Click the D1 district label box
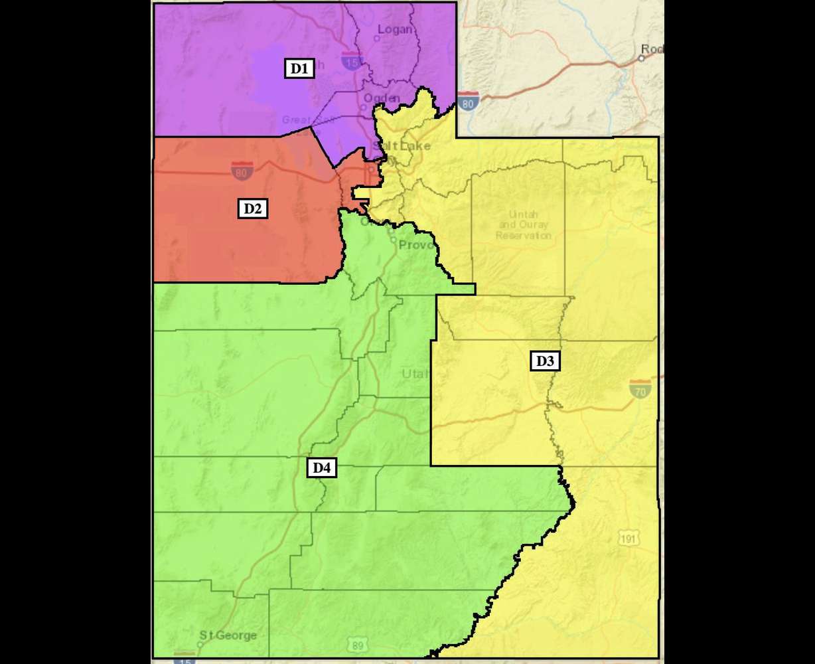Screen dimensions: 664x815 [299, 68]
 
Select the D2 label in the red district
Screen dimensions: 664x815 [252, 208]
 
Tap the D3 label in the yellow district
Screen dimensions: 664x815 [545, 361]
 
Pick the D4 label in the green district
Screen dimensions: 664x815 [322, 467]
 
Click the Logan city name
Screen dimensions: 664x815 [394, 29]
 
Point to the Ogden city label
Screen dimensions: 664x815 [382, 98]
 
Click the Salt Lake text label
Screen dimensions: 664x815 [402, 145]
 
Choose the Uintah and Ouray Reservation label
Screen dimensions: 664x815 [523, 225]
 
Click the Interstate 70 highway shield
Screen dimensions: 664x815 [640, 388]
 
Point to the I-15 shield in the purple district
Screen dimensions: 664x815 [351, 61]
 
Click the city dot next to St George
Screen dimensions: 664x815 [201, 643]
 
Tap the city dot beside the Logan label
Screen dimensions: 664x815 [376, 39]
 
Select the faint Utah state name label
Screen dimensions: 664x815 [415, 374]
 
